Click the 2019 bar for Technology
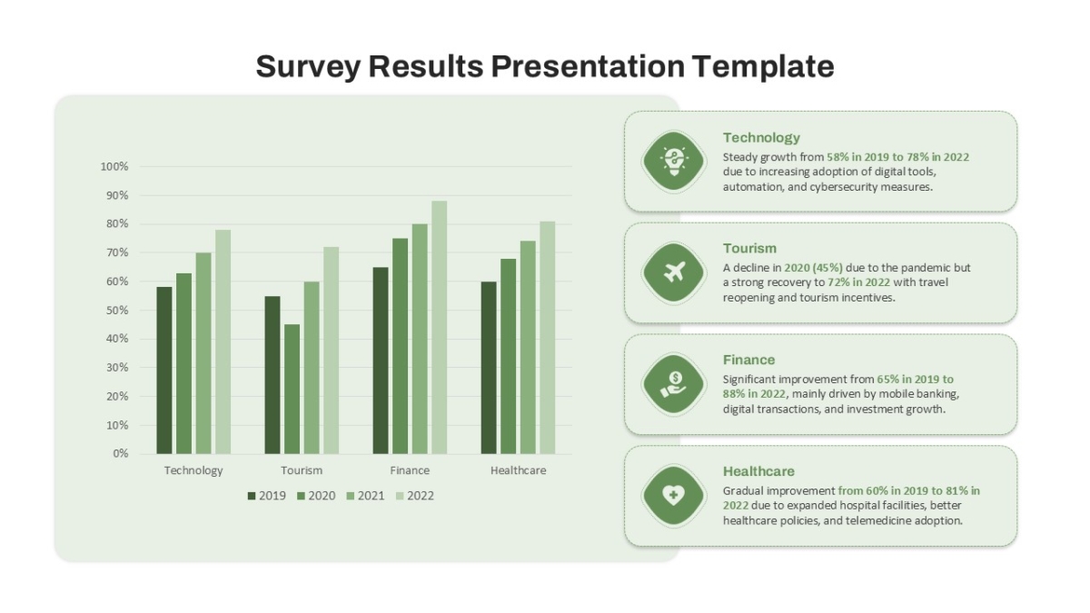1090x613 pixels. click(x=164, y=371)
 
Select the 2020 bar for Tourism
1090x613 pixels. click(x=292, y=390)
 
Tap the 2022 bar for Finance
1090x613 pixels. click(x=439, y=328)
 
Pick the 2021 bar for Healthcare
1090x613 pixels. click(x=528, y=347)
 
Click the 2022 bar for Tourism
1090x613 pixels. click(x=331, y=351)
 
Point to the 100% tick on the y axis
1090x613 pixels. click(x=114, y=167)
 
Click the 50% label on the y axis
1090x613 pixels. click(x=117, y=311)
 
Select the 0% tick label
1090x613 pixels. click(x=120, y=454)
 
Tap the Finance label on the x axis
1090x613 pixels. click(x=410, y=470)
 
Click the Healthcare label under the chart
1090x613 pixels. click(x=519, y=470)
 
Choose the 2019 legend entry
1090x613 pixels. click(x=267, y=496)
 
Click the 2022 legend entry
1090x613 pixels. click(x=414, y=496)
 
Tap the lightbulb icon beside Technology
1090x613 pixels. click(x=673, y=161)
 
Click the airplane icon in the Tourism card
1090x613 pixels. click(x=674, y=272)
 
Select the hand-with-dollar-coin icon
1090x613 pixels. click(x=673, y=384)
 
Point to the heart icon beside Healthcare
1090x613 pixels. click(x=673, y=495)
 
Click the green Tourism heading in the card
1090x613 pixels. click(x=749, y=249)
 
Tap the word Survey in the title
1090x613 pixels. click(x=308, y=66)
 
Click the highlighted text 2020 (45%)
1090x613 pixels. click(x=813, y=268)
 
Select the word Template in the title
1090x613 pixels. click(x=763, y=66)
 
